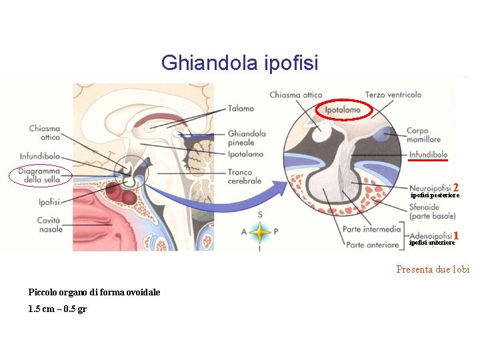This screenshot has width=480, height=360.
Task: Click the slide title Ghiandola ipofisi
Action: click(240, 63)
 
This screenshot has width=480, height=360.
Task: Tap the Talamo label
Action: click(241, 108)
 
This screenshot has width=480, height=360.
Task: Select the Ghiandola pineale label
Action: click(247, 138)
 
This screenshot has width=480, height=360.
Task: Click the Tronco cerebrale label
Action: click(245, 176)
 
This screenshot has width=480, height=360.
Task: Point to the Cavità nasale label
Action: click(49, 224)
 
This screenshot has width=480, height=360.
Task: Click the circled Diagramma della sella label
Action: click(40, 175)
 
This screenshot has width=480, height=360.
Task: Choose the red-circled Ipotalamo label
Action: click(343, 109)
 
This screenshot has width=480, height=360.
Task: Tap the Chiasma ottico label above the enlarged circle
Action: click(295, 95)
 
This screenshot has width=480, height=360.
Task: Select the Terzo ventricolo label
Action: click(393, 95)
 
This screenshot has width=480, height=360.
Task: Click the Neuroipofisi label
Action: click(430, 188)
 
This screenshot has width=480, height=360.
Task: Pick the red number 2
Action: click(456, 187)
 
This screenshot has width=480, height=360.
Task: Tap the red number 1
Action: click(456, 235)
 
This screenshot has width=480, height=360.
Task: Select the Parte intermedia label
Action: click(372, 229)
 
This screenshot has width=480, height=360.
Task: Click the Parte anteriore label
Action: click(372, 245)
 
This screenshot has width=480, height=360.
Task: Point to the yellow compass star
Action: click(260, 232)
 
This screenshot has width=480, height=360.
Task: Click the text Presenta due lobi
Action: click(433, 269)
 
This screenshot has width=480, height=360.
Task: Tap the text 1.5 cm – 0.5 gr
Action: click(57, 309)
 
